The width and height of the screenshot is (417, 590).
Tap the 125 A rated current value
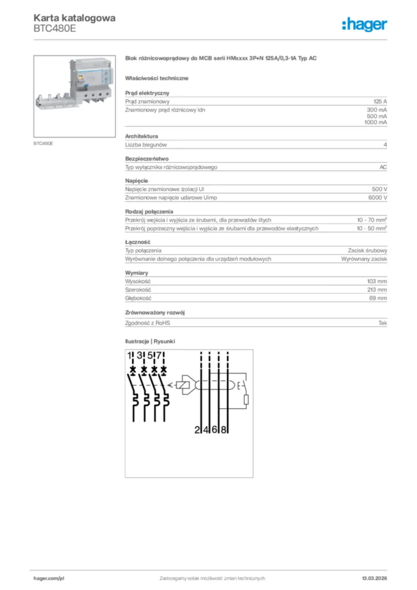(x=380, y=101)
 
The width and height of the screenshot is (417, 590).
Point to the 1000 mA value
(x=376, y=123)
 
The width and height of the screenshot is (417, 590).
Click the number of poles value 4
(x=385, y=145)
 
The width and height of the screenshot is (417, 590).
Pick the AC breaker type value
(x=383, y=167)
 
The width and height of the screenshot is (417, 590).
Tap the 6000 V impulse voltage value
(x=377, y=198)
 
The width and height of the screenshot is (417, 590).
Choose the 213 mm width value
(x=378, y=290)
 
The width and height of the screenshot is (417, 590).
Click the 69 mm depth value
(x=378, y=298)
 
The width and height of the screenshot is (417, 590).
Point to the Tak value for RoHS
(x=382, y=323)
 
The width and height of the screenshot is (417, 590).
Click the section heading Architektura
(x=142, y=137)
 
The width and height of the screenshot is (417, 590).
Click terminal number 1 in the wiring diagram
(x=130, y=355)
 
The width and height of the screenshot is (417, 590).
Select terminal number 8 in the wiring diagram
(x=225, y=429)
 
